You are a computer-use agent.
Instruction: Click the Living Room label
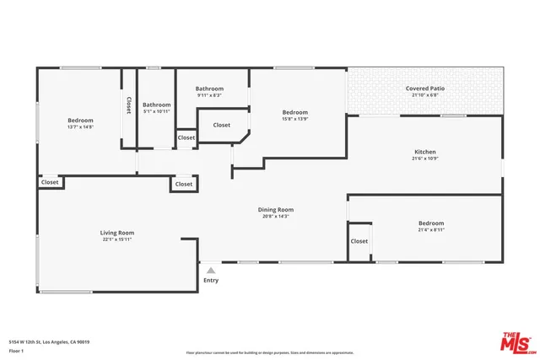[118, 233]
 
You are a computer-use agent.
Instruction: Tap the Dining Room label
[275, 209]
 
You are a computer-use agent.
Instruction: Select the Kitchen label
[425, 152]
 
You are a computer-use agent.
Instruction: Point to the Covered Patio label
[425, 88]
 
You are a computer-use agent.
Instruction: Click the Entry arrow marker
[211, 271]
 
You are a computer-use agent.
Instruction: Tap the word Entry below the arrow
[211, 281]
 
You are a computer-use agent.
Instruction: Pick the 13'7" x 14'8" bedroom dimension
[80, 126]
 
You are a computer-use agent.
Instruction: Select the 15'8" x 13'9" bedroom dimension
[294, 119]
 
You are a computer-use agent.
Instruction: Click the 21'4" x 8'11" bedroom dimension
[430, 229]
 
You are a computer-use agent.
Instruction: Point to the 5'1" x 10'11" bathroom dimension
[157, 111]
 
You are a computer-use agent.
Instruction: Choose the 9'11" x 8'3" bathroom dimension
[209, 95]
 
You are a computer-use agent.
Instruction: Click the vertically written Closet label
[128, 105]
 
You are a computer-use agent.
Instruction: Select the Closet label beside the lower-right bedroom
[359, 241]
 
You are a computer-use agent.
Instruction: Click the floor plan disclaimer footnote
[269, 352]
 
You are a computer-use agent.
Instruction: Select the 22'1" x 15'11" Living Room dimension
[118, 239]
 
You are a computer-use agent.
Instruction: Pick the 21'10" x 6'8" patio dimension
[425, 94]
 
